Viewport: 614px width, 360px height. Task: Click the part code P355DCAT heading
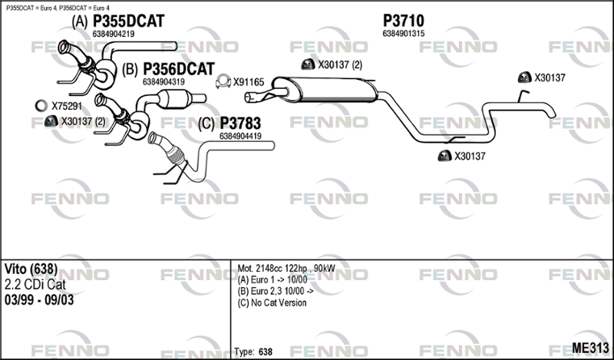(x=128, y=21)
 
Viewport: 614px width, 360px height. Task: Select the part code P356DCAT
(x=178, y=69)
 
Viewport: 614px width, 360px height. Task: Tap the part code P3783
(x=240, y=124)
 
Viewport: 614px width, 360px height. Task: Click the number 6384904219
(x=114, y=34)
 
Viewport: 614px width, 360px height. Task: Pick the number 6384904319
(x=163, y=81)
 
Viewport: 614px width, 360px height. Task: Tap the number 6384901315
(x=403, y=34)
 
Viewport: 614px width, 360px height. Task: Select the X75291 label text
(x=66, y=106)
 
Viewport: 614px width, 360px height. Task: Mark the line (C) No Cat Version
(x=272, y=302)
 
